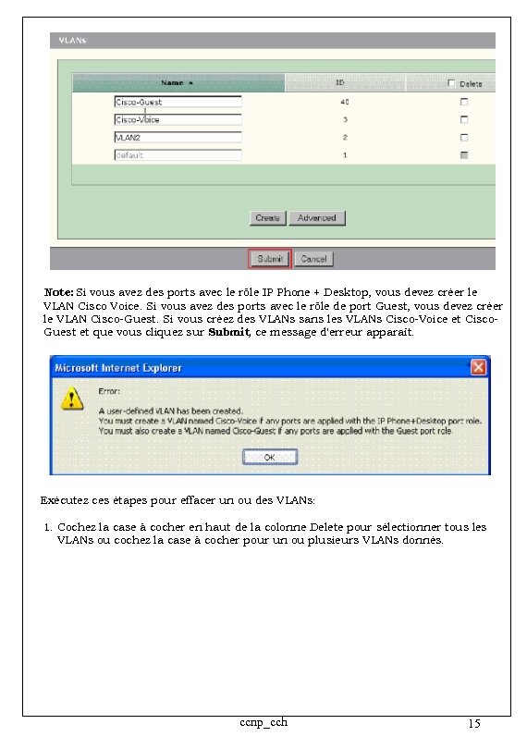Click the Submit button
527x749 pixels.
269,259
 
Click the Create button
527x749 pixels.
267,218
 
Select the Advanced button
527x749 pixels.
316,218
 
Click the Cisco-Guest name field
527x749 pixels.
178,102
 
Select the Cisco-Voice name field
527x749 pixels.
178,119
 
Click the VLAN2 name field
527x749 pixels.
178,137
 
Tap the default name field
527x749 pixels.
178,155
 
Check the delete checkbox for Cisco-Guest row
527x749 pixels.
464,102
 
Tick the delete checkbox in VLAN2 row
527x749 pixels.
464,137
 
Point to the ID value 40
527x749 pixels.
344,102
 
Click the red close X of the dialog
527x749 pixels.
479,367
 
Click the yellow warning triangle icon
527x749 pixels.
69,399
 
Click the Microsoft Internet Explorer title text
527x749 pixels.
118,368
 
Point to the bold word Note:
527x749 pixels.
59,292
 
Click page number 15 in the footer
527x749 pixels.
474,724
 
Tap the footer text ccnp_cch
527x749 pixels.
263,721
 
